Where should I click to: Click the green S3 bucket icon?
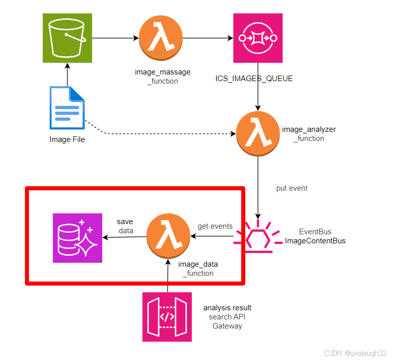(67, 38)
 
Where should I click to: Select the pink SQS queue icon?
(258, 38)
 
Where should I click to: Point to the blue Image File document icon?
(67, 108)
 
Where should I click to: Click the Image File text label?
(67, 139)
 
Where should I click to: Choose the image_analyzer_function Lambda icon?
(258, 134)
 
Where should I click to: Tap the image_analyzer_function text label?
(308, 134)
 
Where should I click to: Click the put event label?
(292, 188)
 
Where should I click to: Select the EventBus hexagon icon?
(258, 236)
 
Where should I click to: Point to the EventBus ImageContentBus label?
(315, 236)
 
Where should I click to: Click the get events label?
(215, 226)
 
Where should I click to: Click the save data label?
(125, 226)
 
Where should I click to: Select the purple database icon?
(77, 238)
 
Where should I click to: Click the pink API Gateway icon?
(167, 317)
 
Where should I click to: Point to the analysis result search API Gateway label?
(227, 317)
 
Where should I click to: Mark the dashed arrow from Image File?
(162, 134)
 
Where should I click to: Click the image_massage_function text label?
(163, 77)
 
